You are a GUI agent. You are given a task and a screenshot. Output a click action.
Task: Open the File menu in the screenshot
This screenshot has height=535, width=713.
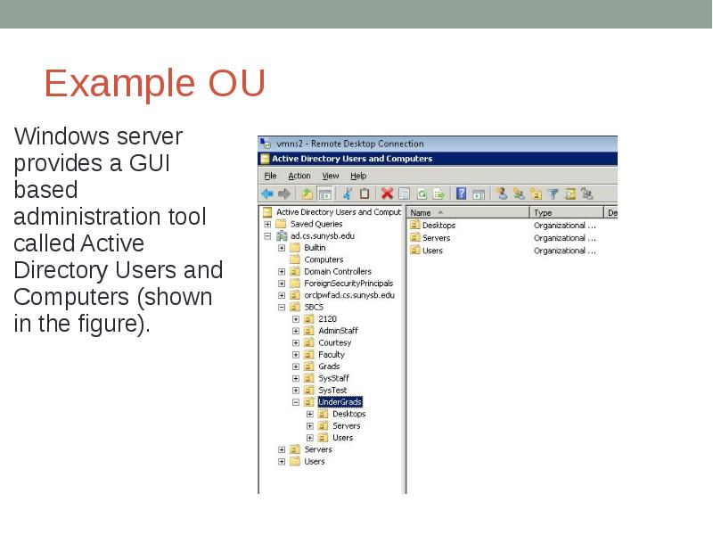point(271,177)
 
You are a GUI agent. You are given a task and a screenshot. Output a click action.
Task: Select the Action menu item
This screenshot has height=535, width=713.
point(299,177)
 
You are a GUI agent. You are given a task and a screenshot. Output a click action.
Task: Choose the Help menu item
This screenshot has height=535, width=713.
point(358,177)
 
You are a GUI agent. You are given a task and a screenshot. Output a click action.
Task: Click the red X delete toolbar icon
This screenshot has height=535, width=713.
point(387,193)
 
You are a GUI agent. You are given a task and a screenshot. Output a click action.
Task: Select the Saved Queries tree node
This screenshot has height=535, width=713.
point(316,224)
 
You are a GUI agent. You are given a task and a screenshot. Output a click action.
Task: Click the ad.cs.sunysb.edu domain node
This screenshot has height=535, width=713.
point(322,235)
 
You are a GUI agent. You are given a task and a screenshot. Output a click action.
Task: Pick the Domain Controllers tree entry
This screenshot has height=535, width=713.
point(337,271)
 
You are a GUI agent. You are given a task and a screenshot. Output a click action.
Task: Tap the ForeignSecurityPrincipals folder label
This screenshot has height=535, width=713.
point(348,284)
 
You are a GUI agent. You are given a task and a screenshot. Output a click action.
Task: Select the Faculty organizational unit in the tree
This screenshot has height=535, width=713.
point(332,355)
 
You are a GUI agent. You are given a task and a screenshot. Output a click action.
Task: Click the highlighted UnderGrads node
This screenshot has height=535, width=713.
point(340,402)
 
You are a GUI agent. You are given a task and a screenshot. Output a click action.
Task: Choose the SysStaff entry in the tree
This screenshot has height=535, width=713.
point(333,378)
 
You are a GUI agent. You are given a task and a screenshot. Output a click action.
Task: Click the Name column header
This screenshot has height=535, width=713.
point(422,212)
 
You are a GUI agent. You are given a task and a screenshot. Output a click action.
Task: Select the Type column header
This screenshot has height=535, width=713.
point(543,212)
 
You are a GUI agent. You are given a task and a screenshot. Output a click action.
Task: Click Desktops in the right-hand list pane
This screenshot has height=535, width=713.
point(438,226)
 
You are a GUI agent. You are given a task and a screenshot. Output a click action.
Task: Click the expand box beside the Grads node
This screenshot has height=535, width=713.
point(296,366)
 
